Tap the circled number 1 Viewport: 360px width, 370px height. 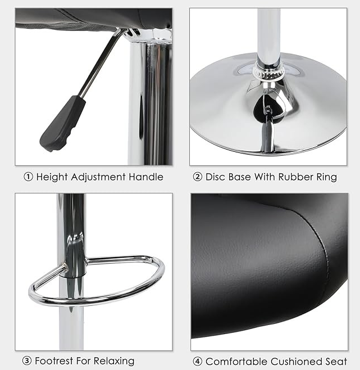(x=28, y=177)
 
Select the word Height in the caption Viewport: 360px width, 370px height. (x=51, y=177)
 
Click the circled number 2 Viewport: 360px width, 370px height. (x=198, y=177)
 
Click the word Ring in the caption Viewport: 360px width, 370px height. (x=326, y=177)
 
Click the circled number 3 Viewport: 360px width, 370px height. (x=27, y=360)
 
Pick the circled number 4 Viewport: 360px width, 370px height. (x=197, y=361)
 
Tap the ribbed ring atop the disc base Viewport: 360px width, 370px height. (x=267, y=71)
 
